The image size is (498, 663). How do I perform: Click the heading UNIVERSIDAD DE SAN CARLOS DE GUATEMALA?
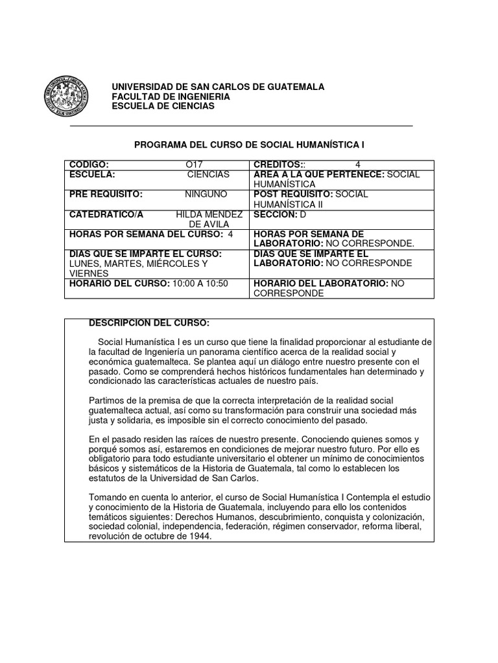pos(219,87)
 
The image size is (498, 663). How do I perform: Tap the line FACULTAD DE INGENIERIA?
pos(171,96)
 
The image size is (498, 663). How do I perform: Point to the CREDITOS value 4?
pos(358,165)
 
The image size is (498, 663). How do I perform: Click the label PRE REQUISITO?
pos(106,194)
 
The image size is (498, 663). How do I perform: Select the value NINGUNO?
pos(206,194)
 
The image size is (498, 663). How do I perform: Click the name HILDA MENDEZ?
pos(209,214)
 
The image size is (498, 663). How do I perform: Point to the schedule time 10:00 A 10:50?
pos(200,284)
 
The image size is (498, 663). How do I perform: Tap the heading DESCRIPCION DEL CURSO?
pos(148,322)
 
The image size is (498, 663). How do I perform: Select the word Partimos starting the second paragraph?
pos(106,401)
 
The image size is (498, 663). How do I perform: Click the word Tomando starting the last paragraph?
pos(107,497)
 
